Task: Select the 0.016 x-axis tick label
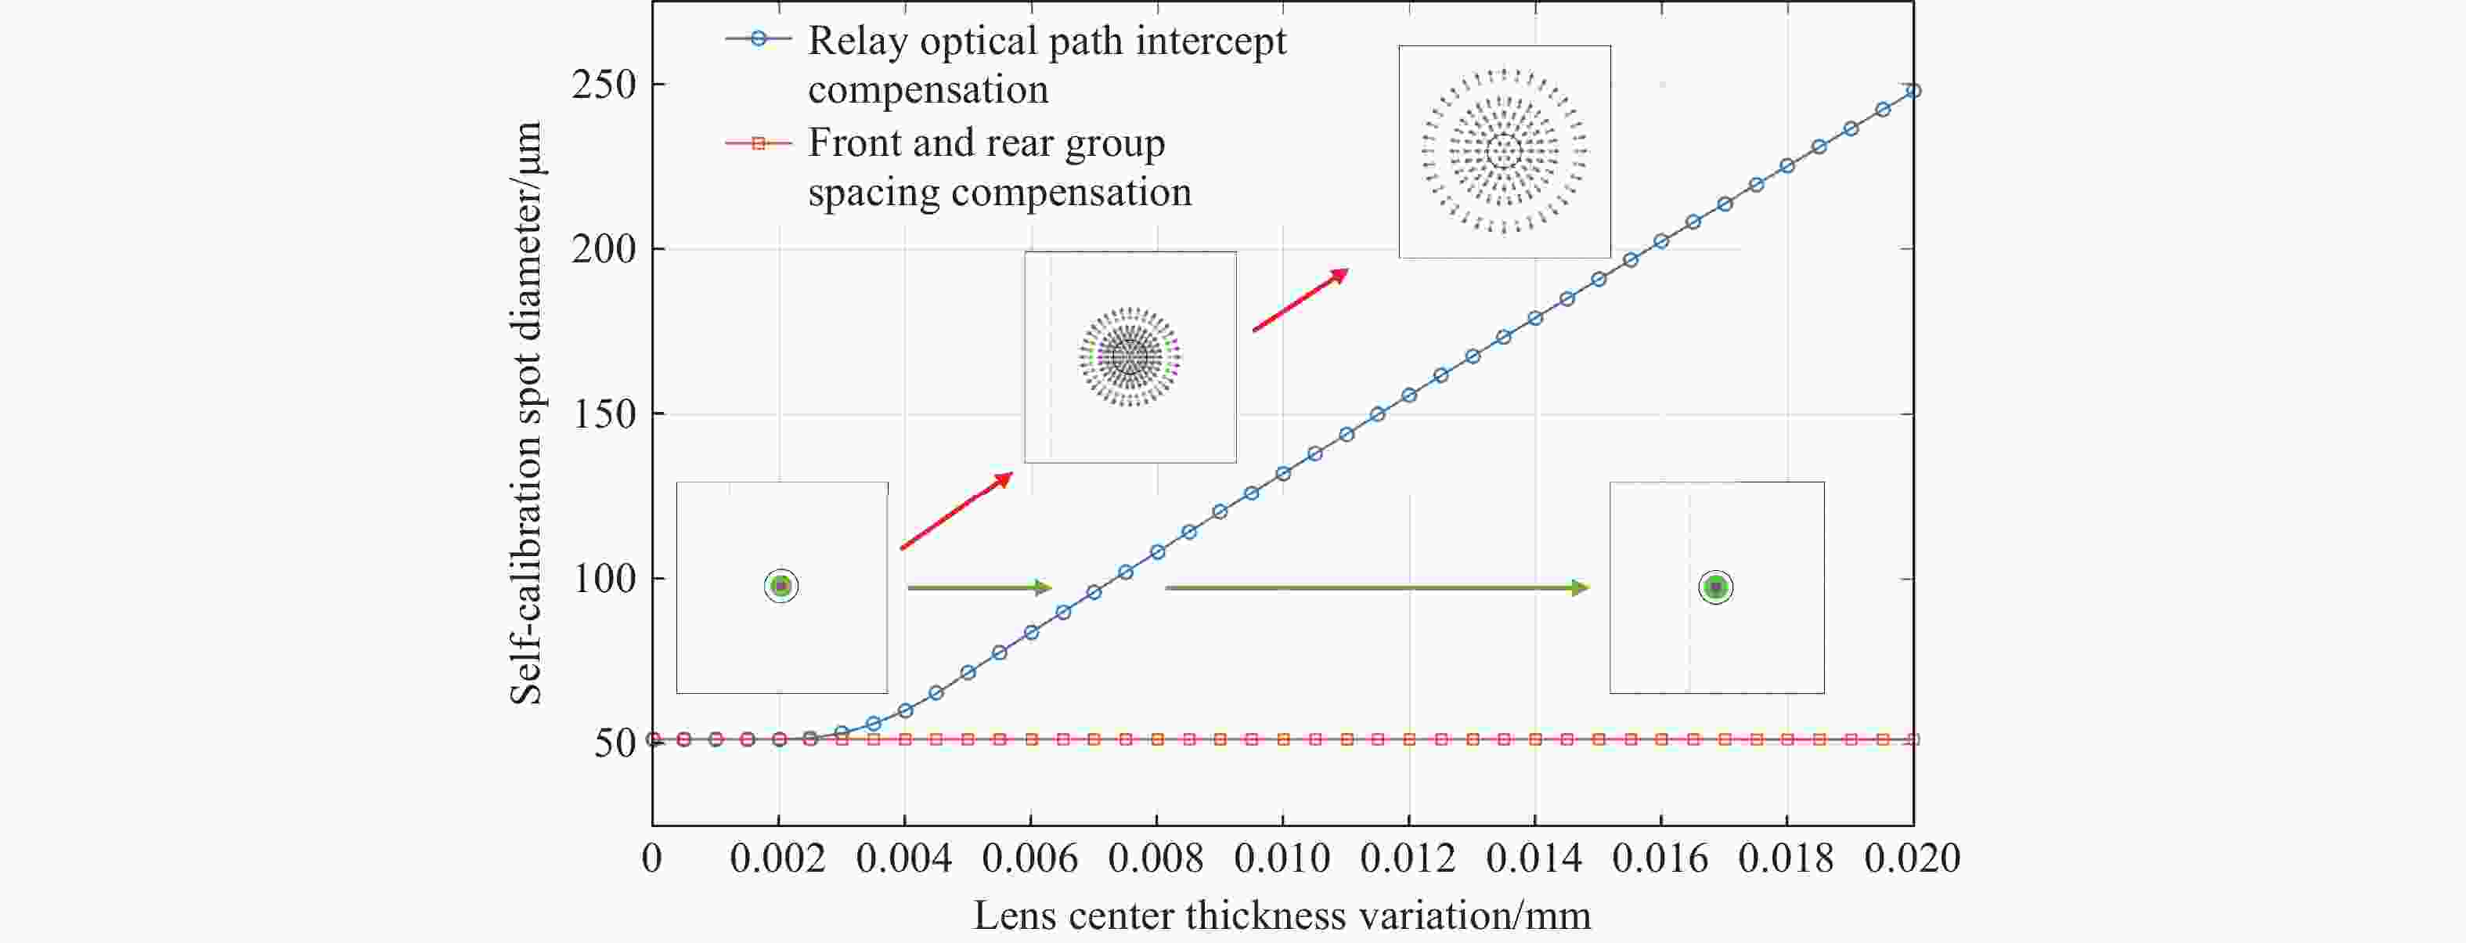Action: [1660, 858]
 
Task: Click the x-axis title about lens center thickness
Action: [1282, 916]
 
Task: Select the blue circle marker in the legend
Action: [758, 39]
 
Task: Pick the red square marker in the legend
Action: [758, 143]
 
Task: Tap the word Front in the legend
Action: [854, 143]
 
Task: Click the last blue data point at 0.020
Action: [1913, 91]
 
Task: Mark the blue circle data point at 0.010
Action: [1283, 473]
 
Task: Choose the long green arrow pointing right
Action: [1376, 588]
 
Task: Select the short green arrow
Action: [979, 588]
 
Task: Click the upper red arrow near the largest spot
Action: [1300, 301]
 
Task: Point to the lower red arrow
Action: [955, 511]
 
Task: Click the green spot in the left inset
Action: [781, 586]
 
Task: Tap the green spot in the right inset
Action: [1715, 587]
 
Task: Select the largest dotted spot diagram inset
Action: [1504, 151]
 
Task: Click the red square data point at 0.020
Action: [1913, 739]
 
